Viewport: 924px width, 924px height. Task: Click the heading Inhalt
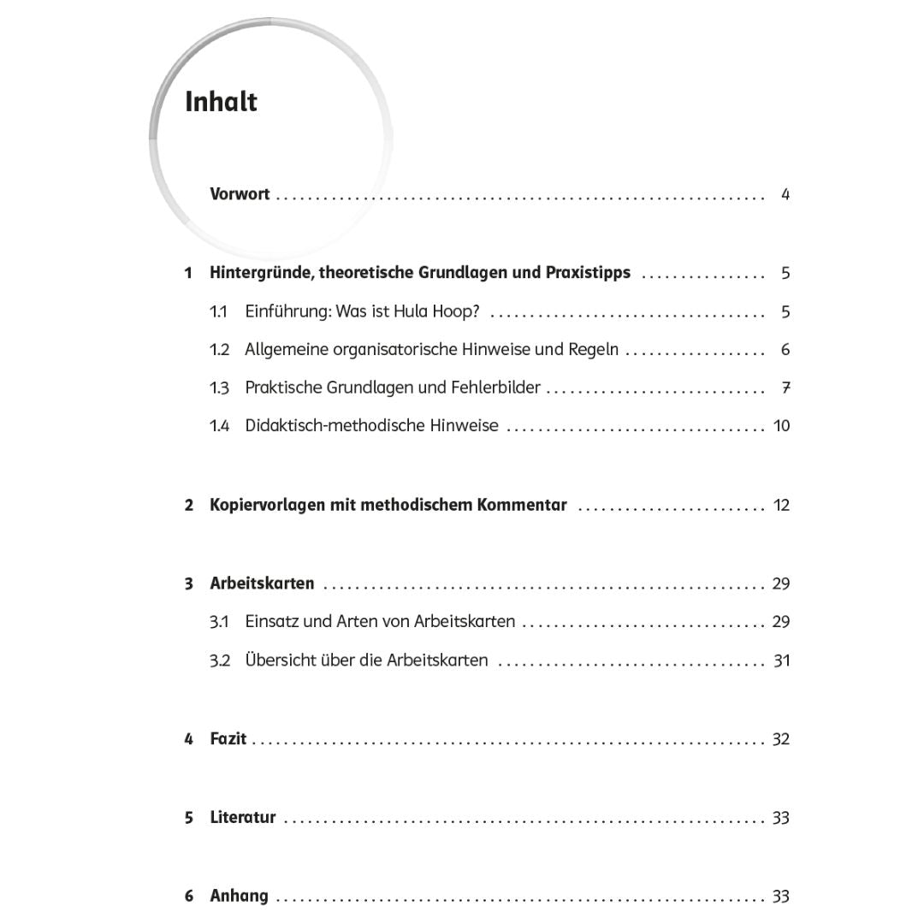(x=221, y=102)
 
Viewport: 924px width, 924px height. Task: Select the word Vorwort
(x=240, y=194)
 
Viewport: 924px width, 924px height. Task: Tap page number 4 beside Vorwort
(x=785, y=194)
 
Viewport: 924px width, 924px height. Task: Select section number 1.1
(x=219, y=311)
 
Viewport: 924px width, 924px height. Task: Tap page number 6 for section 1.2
(x=785, y=350)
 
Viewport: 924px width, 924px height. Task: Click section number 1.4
(x=220, y=426)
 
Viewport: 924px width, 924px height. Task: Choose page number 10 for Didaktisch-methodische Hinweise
(x=781, y=426)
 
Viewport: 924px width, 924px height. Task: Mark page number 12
(x=781, y=505)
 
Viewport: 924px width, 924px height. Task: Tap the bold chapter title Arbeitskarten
(x=262, y=583)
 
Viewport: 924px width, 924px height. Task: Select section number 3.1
(x=219, y=622)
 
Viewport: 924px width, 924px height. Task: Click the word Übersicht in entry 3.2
(x=281, y=660)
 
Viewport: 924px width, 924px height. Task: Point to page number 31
(x=781, y=660)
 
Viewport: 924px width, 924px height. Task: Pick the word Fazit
(x=228, y=738)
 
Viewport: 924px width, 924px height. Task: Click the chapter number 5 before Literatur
(x=188, y=818)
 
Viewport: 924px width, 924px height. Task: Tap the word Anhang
(x=239, y=896)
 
